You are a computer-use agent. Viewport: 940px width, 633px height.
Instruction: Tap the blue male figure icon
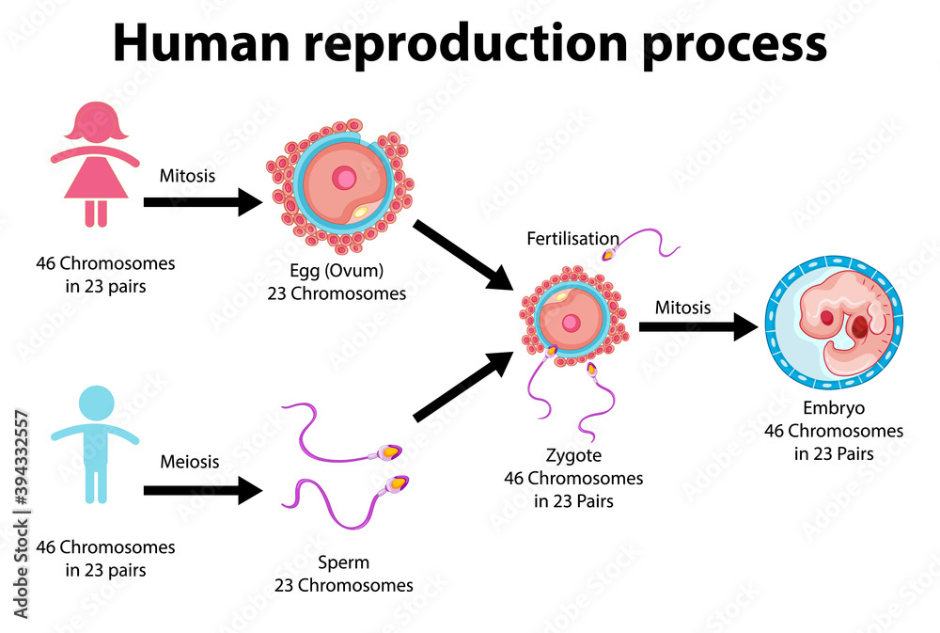click(95, 443)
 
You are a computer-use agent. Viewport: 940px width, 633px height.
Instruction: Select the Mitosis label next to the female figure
click(187, 175)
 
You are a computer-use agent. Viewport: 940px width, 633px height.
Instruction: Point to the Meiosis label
click(189, 462)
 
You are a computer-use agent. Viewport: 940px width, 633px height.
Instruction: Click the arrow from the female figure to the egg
click(201, 201)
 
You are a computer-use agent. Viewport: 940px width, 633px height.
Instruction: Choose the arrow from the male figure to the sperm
click(201, 490)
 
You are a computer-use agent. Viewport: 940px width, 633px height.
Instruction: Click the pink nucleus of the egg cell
click(346, 178)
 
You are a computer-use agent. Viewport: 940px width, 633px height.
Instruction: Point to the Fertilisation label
click(572, 239)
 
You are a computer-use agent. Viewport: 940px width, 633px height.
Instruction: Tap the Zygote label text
click(573, 456)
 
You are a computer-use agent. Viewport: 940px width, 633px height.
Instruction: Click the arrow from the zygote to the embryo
click(697, 327)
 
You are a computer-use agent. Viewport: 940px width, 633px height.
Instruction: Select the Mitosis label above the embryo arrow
click(682, 307)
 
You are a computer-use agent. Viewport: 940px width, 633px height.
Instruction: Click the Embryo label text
click(833, 409)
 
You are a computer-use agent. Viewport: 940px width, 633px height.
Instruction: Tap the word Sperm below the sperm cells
click(343, 563)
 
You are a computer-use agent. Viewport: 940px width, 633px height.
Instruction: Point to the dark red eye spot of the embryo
click(826, 319)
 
